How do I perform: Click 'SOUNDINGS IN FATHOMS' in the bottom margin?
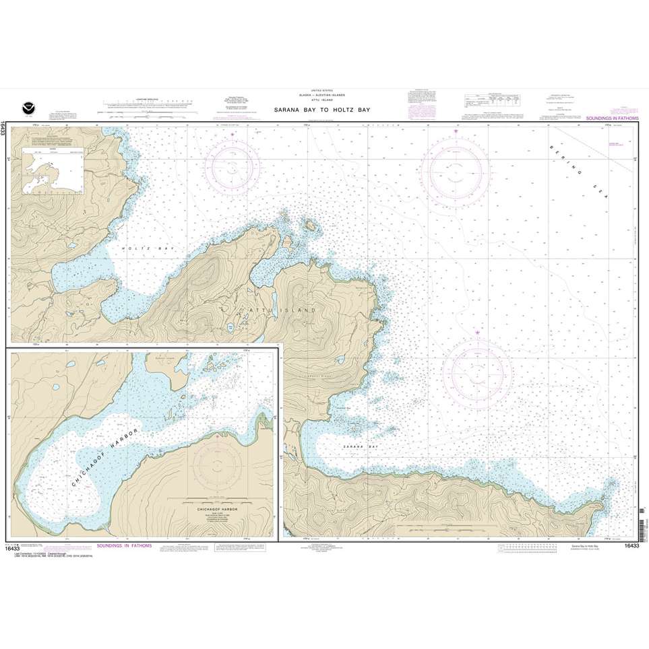125,545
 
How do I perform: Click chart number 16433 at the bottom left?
19,548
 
